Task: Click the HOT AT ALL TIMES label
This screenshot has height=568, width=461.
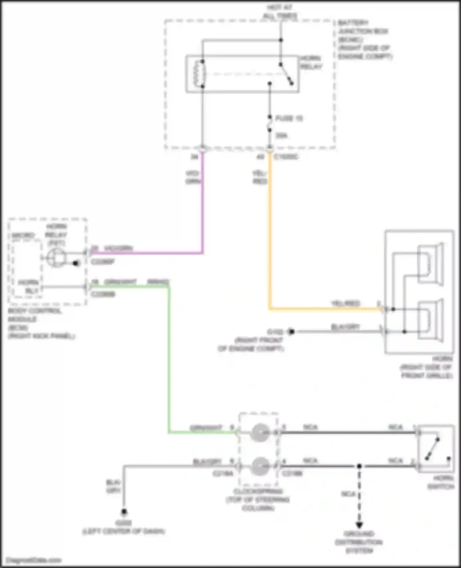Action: click(x=280, y=11)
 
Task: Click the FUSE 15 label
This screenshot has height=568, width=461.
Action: click(x=289, y=118)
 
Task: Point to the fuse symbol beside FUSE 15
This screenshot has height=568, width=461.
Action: click(x=270, y=124)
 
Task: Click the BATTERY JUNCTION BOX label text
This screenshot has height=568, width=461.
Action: click(x=364, y=39)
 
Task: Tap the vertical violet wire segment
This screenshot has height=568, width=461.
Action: click(x=202, y=203)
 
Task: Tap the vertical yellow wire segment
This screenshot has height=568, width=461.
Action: click(x=270, y=231)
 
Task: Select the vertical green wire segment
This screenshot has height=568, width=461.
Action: click(x=168, y=360)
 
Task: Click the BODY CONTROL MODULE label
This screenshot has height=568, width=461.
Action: click(x=40, y=323)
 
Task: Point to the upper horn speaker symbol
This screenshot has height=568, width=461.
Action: click(x=430, y=264)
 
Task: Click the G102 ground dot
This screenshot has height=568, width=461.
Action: click(x=291, y=332)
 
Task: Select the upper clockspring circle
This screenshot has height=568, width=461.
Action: click(x=260, y=433)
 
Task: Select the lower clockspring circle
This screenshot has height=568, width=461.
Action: click(x=260, y=466)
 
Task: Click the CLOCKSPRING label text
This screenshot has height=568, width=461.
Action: click(x=258, y=499)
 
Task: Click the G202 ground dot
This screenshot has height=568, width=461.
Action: click(x=124, y=512)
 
